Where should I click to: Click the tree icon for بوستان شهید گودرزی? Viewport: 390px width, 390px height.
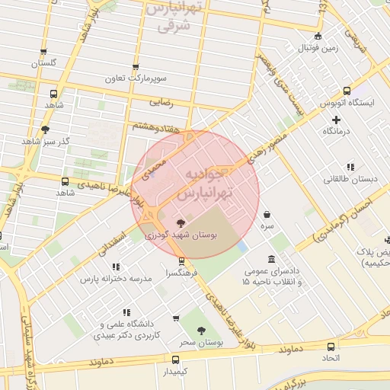[181, 223]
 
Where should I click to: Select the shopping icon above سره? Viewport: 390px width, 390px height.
[267, 214]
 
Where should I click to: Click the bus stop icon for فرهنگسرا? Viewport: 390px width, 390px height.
[181, 260]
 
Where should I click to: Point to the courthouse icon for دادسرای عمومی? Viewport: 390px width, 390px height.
[272, 259]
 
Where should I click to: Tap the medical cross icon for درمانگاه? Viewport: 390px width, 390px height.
[336, 120]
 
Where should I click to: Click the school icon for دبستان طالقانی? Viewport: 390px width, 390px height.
[350, 167]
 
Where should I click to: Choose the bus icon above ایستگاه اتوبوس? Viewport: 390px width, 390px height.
[347, 90]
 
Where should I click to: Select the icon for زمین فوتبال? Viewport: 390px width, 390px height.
[318, 36]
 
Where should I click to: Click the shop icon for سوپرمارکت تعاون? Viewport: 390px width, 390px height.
[136, 67]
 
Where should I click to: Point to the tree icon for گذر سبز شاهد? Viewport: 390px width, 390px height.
[45, 129]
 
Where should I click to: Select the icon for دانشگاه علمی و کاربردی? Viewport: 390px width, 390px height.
[126, 312]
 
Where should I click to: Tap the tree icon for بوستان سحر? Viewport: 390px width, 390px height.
[200, 331]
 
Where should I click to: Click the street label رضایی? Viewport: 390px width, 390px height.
[161, 100]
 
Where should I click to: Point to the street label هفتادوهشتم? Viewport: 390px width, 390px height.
[157, 129]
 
